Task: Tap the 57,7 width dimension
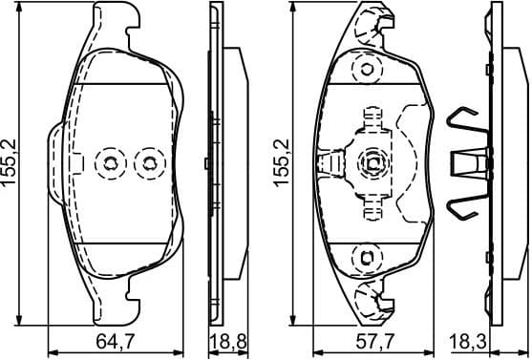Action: (x=367, y=340)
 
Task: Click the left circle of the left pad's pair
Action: (x=112, y=163)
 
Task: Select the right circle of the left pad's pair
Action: (x=148, y=163)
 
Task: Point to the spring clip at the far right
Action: (x=468, y=162)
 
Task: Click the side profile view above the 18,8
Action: (x=219, y=162)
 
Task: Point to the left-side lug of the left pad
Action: (x=54, y=162)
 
